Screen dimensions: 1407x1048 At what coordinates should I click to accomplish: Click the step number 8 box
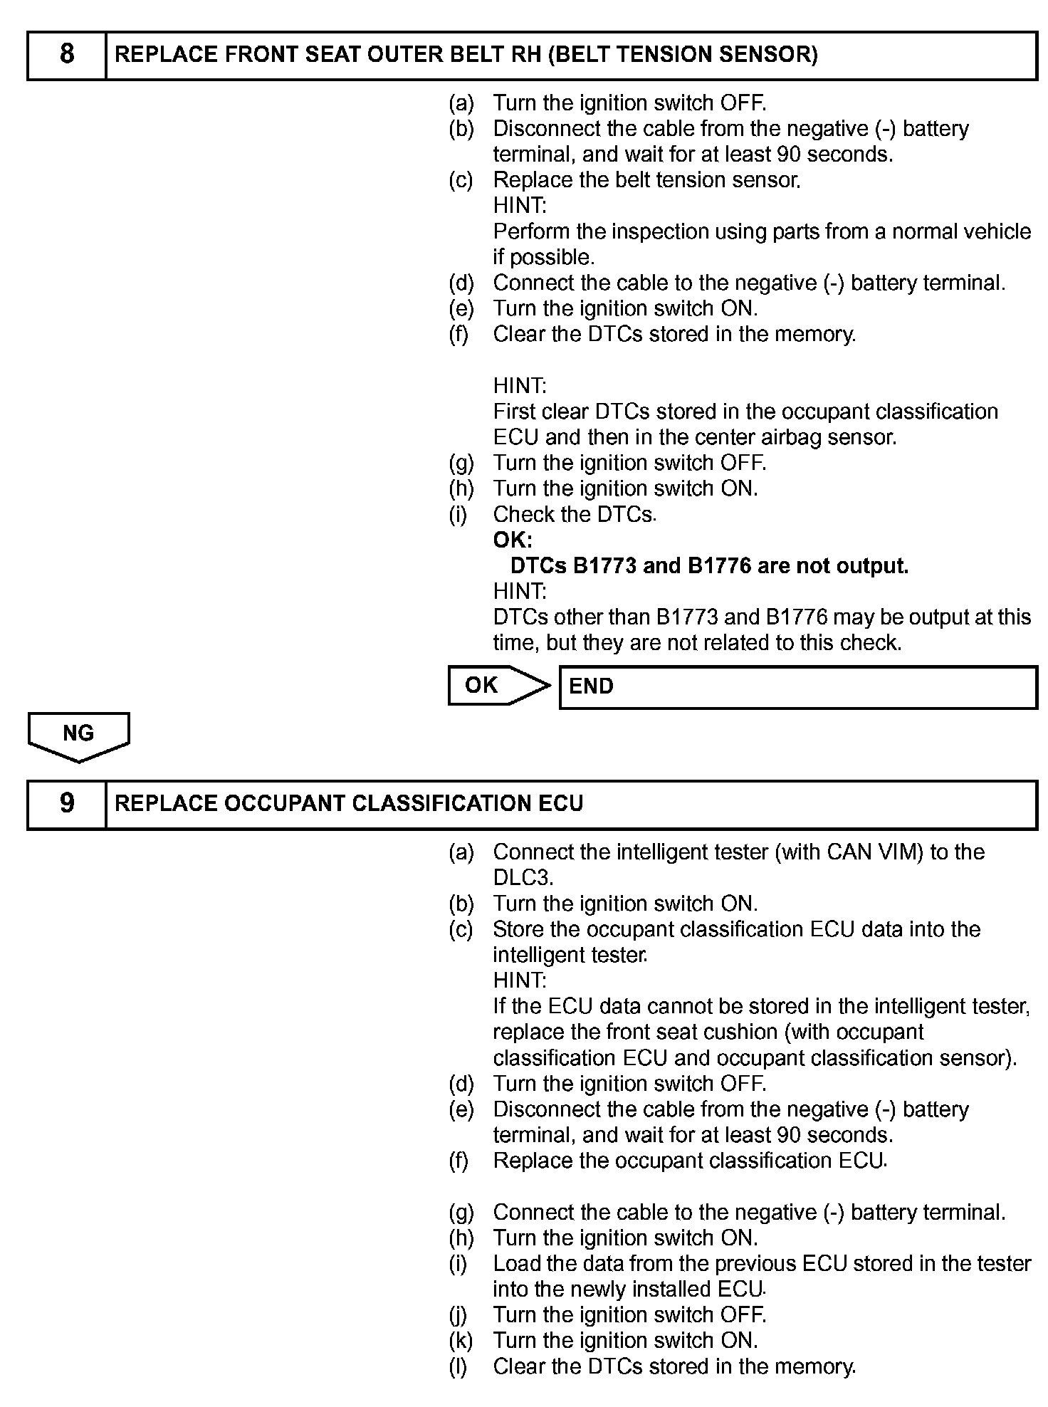point(66,55)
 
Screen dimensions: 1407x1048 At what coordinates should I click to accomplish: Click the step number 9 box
point(66,804)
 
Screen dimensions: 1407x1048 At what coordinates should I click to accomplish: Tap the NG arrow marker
point(78,735)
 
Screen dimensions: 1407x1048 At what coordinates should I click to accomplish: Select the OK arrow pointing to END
point(498,686)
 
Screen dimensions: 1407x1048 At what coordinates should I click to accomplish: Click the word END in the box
point(591,686)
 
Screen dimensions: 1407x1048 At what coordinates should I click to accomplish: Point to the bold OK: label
point(513,540)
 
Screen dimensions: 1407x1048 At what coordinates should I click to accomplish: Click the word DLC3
point(523,878)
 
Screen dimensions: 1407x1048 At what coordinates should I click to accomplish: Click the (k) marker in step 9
point(461,1341)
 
